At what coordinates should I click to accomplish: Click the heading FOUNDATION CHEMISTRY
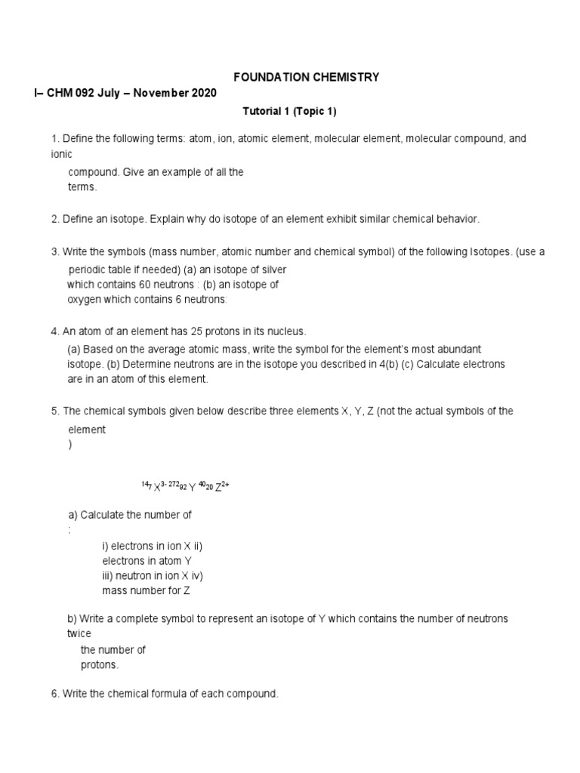click(305, 77)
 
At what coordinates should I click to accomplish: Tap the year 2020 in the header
click(203, 93)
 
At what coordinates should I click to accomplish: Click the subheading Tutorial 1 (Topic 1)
click(288, 111)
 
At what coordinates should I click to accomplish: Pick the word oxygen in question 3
click(86, 299)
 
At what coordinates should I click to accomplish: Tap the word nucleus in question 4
click(285, 331)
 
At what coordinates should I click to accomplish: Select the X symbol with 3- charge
click(157, 488)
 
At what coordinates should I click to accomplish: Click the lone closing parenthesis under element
click(70, 445)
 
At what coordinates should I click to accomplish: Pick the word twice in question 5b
click(79, 634)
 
